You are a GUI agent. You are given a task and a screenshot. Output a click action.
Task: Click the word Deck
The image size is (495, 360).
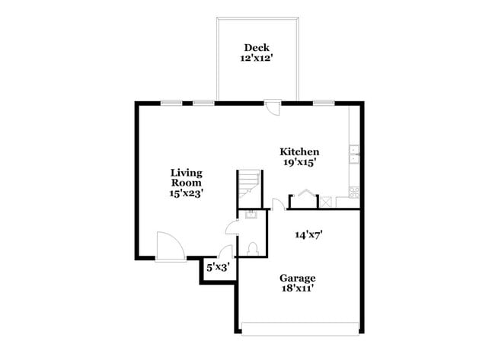(255, 49)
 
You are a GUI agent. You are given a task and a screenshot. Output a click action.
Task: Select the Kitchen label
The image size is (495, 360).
(299, 151)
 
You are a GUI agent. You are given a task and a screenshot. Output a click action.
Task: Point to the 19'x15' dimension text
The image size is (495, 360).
(299, 162)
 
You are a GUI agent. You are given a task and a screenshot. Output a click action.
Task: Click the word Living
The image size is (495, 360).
(186, 172)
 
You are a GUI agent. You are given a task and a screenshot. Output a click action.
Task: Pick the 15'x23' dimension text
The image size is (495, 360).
(186, 194)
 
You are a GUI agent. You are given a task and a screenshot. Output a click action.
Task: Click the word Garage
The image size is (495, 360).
(297, 278)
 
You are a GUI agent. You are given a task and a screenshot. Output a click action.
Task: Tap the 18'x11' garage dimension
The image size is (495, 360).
(297, 288)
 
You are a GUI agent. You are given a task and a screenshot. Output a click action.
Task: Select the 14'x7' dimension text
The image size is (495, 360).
(310, 234)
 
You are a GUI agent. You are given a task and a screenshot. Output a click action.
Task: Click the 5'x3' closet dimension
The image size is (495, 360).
(217, 267)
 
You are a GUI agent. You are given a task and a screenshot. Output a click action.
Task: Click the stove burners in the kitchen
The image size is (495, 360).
(353, 192)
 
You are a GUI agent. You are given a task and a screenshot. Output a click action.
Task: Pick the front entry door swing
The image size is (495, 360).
(168, 245)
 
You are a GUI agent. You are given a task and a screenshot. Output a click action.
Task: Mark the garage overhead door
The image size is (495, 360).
(299, 329)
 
